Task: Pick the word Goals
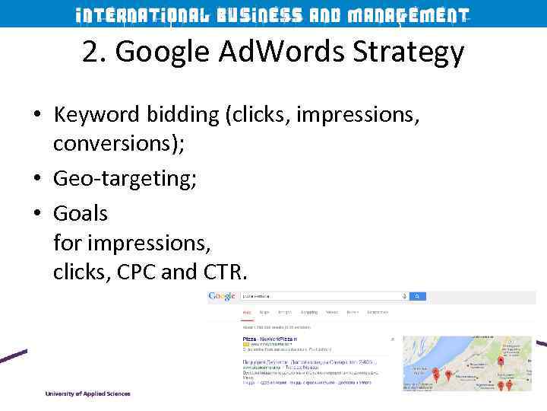click(x=81, y=214)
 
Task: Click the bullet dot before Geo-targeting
click(x=36, y=180)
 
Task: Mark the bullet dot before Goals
click(x=36, y=215)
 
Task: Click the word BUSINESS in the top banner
click(x=258, y=15)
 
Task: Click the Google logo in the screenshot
click(x=222, y=296)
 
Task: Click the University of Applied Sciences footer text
click(x=87, y=393)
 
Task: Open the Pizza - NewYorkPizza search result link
click(x=270, y=338)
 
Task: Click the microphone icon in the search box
click(x=404, y=296)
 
